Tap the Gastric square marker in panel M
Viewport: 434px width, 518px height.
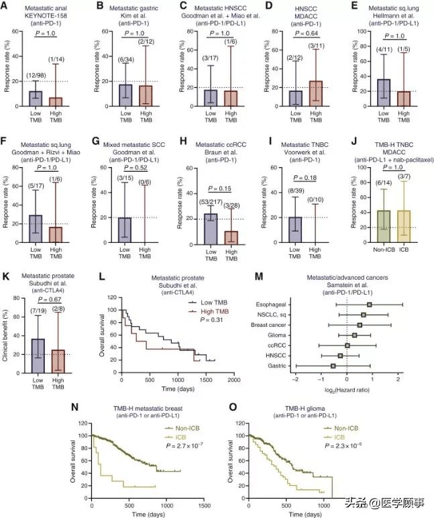click(333, 366)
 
